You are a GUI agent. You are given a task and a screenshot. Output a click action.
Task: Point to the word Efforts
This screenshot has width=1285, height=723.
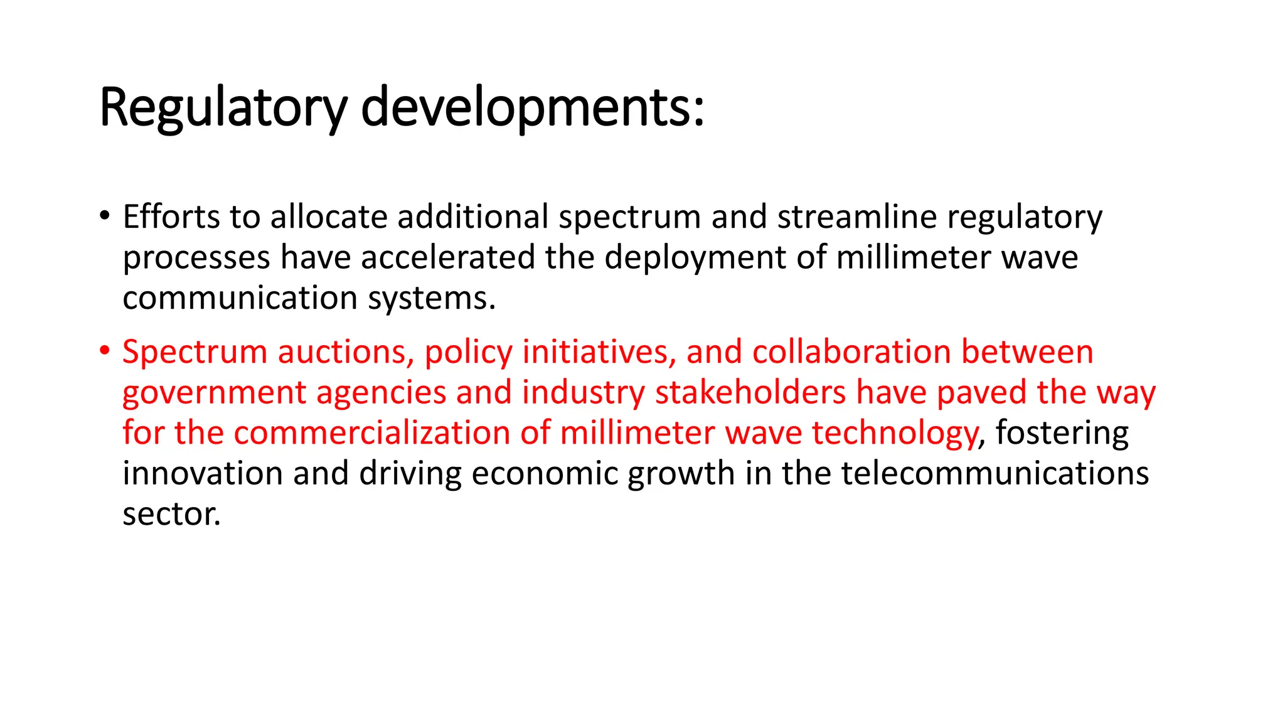click(171, 217)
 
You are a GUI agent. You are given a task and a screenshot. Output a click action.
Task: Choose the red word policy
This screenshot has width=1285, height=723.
click(468, 353)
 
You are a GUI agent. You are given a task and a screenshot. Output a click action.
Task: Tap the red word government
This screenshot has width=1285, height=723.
click(213, 393)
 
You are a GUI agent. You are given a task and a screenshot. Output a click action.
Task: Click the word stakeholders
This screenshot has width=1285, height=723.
click(750, 392)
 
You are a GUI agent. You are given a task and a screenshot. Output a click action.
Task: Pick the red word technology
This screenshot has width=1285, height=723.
click(895, 434)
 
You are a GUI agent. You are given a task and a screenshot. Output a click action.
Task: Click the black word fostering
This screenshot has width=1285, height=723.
click(1062, 434)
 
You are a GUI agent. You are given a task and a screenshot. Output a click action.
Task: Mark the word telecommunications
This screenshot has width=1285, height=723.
click(994, 473)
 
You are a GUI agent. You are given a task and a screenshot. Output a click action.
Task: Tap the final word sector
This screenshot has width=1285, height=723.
click(171, 514)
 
